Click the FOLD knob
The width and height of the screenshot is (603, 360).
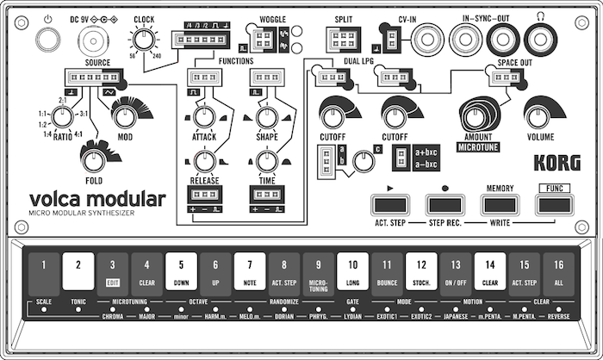coord(93,158)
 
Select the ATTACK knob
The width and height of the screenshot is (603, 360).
coord(203,118)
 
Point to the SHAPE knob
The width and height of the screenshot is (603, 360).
coord(266,118)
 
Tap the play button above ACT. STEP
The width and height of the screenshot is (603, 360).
coord(389,205)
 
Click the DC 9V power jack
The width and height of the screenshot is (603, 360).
coord(90,39)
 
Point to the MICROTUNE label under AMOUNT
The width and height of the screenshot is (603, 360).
coord(480,148)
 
